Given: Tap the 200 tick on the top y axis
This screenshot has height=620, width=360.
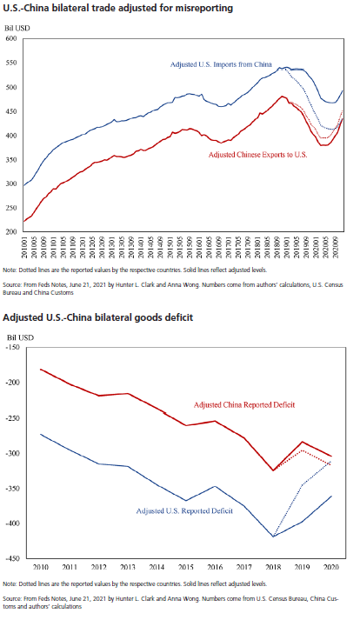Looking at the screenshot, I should click(x=11, y=231).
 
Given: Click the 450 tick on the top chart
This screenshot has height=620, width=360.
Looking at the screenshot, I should click(x=11, y=136).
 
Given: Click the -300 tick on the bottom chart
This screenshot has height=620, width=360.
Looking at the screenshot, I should click(x=12, y=453).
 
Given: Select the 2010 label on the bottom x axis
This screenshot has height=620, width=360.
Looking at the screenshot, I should click(x=42, y=566).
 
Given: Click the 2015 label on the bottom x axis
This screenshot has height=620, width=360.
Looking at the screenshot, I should click(x=185, y=566).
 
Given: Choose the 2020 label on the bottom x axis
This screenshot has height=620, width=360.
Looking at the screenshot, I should click(x=330, y=566).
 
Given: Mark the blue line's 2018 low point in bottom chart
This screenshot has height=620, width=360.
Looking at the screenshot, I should click(x=272, y=537).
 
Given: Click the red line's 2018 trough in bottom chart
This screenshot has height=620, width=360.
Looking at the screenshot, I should click(x=272, y=470).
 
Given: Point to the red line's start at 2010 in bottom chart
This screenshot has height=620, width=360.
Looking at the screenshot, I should click(x=42, y=370).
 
